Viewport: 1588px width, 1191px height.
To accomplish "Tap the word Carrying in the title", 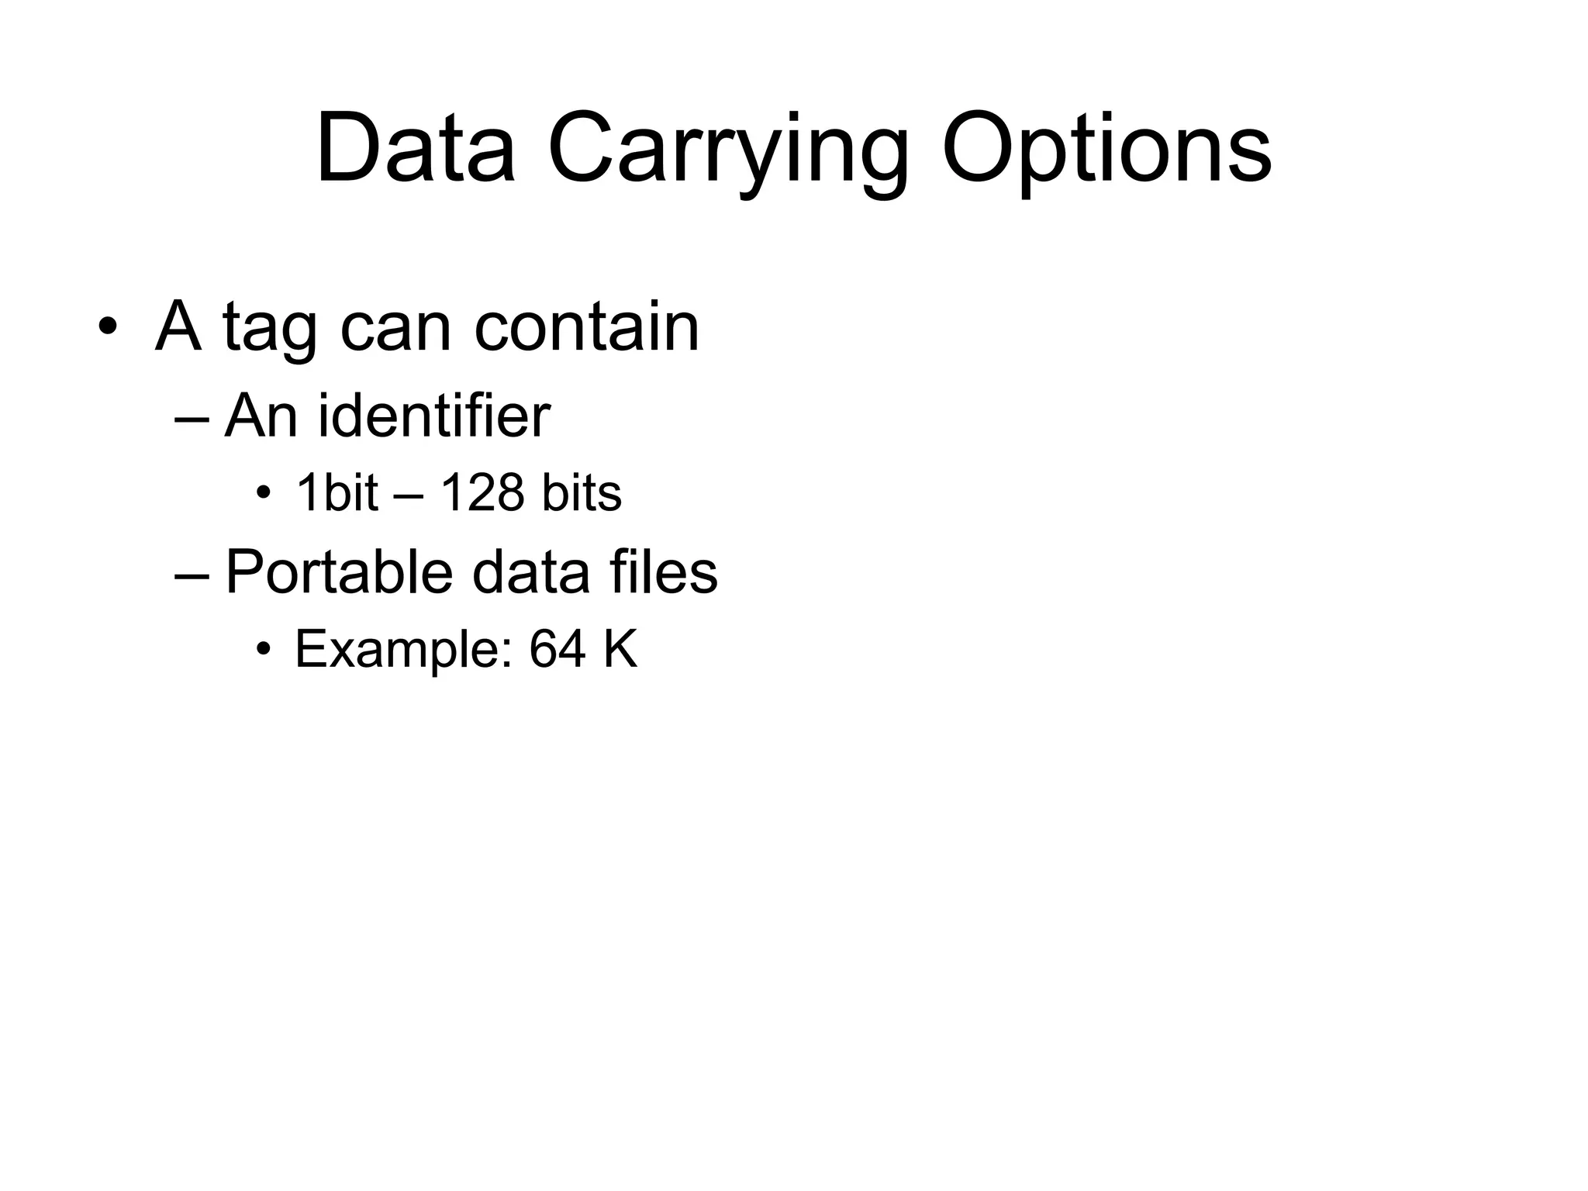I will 727,151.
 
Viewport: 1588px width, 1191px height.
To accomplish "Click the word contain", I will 586,326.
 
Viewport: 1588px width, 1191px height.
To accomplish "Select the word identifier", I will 434,416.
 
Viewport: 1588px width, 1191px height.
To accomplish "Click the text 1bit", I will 337,492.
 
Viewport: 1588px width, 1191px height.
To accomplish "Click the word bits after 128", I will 582,492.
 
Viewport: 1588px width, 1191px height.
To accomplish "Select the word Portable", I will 339,572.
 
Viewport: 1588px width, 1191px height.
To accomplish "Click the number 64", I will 557,649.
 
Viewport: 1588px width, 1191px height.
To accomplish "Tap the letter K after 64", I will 620,649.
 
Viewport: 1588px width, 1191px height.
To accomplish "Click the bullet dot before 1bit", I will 264,493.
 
